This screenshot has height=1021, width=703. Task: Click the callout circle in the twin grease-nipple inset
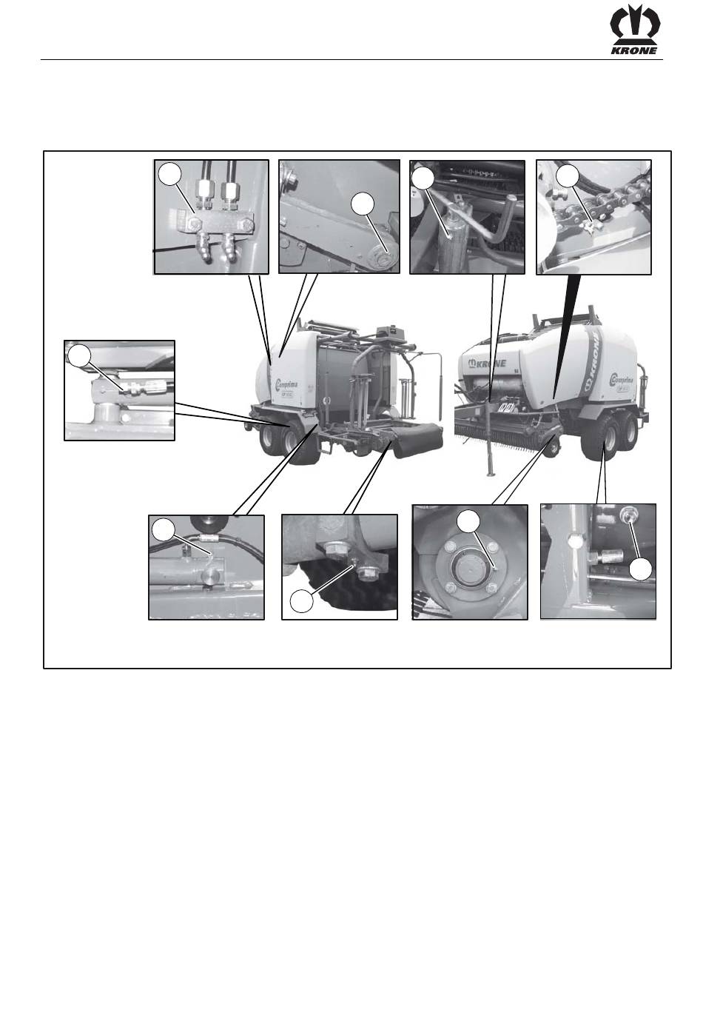(x=169, y=173)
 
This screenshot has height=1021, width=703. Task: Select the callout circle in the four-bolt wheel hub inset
(x=467, y=521)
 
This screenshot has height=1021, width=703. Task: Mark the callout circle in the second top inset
(x=362, y=204)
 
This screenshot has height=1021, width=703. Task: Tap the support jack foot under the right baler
(x=490, y=474)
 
